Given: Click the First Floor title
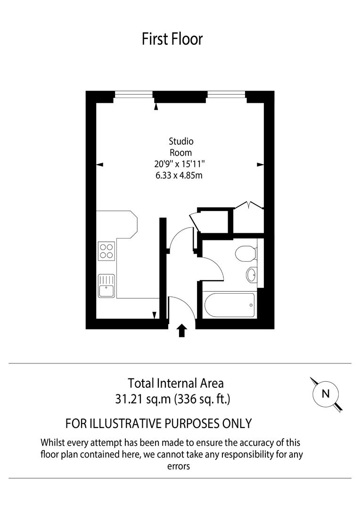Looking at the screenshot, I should point(172,39).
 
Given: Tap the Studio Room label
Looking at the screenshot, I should point(181,147).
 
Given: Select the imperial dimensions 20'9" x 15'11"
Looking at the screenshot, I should point(181,164).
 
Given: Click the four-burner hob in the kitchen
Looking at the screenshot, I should point(106,251).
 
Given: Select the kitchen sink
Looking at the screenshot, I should point(106,286).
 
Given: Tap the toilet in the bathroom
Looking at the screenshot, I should point(245,254).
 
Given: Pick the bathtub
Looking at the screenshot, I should point(229,305).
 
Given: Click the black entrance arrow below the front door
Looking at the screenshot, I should point(182,331).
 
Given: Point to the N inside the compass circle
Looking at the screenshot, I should point(325,394).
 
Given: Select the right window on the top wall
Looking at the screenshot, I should point(227,95).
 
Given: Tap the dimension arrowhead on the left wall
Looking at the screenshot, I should point(99,164).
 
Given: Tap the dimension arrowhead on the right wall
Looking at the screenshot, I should point(260,164).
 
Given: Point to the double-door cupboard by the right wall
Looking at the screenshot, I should point(249,219).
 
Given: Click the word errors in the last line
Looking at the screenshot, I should point(179,466).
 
